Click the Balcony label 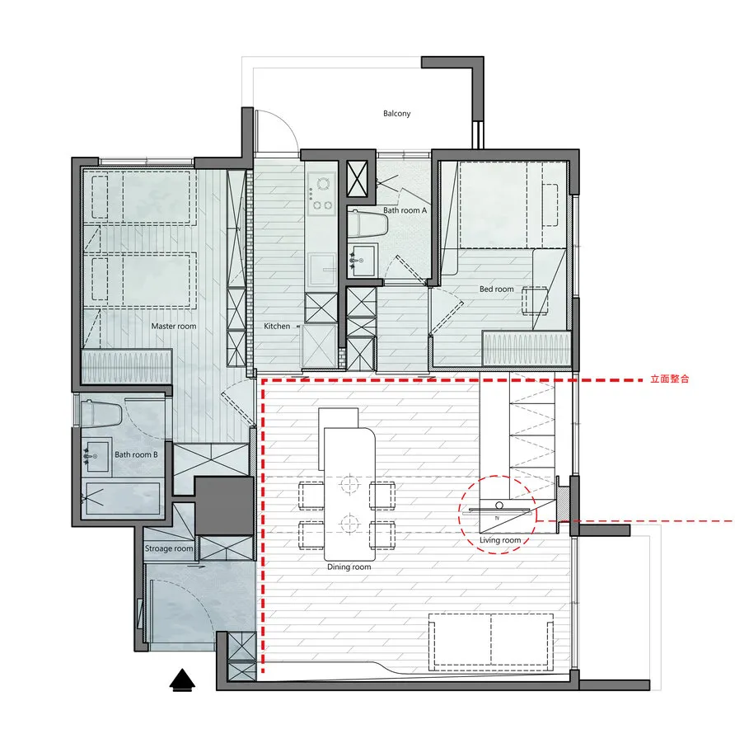tap(396, 114)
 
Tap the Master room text tap(174, 327)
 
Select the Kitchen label tap(277, 327)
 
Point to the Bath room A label tap(405, 210)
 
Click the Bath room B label tap(136, 454)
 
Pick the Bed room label tap(497, 289)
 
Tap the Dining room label tap(349, 567)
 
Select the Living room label tap(500, 540)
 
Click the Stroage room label tap(169, 548)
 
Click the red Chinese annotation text tap(670, 379)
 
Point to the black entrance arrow tap(182, 680)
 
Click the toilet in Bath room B tap(101, 414)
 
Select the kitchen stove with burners tap(321, 193)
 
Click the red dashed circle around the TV tap(498, 476)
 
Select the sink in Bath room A tap(361, 261)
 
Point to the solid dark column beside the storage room tap(223, 506)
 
